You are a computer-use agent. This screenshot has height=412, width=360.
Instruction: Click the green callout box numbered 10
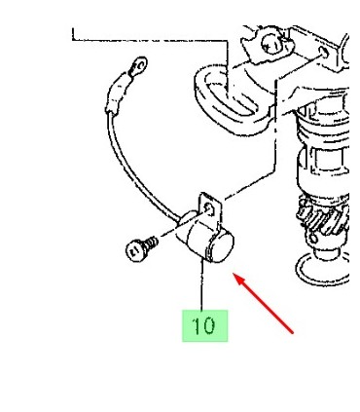click(204, 325)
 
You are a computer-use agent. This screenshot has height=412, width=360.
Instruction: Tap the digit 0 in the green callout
click(209, 325)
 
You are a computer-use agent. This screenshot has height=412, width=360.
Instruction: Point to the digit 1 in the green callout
click(197, 325)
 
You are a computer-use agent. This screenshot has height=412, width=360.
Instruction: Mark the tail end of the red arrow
click(293, 333)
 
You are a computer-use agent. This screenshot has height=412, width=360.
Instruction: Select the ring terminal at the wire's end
click(139, 66)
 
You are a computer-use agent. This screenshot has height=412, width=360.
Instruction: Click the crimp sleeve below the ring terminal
click(116, 94)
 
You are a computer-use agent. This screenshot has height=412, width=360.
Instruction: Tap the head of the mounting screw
click(135, 250)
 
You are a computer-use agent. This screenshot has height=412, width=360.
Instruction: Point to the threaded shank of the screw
click(152, 243)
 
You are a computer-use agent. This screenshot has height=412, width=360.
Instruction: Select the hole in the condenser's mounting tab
click(209, 208)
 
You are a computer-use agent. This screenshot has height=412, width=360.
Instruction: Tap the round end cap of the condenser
click(223, 246)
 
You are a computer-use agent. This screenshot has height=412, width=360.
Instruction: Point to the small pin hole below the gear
click(312, 239)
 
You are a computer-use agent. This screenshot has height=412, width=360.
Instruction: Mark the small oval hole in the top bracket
click(324, 52)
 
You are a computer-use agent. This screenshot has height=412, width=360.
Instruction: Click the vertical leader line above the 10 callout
click(202, 285)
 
